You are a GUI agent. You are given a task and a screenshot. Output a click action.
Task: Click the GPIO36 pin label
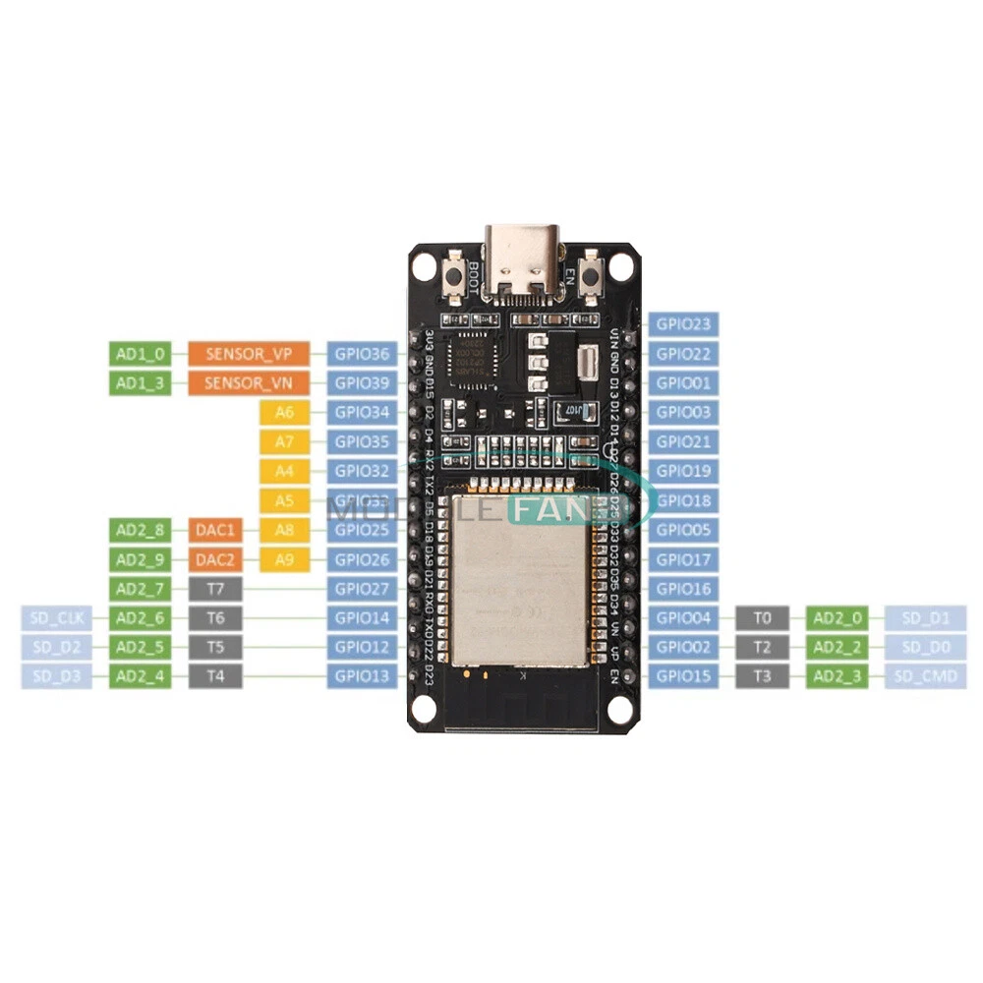363,353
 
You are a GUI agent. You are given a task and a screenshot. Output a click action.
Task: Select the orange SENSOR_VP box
250,353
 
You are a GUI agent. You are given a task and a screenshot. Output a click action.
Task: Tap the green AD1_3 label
139,382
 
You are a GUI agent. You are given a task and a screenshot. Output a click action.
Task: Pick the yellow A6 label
285,412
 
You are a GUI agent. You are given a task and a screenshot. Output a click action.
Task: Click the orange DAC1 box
213,530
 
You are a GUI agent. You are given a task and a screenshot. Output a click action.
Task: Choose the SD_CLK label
56,618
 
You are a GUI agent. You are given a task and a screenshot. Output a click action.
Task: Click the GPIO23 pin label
683,323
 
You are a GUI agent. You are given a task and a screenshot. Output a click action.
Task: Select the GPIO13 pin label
363,676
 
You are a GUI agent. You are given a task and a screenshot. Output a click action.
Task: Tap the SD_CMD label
925,676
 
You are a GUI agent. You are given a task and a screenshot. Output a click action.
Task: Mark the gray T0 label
762,618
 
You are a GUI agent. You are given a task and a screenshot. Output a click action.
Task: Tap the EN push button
592,276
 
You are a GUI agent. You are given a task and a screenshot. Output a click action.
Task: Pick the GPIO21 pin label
683,441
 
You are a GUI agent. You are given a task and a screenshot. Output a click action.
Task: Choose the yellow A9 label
285,559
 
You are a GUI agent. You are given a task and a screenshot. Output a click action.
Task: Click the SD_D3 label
56,676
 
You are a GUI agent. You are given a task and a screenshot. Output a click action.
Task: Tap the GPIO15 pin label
683,676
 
